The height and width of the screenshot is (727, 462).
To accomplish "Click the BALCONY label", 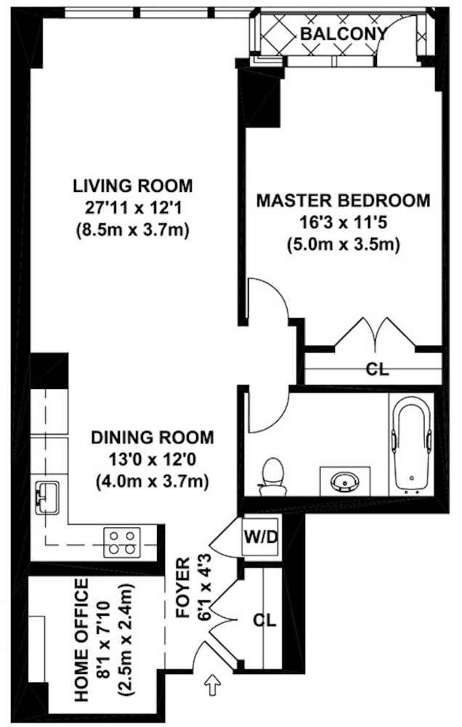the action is (x=344, y=33).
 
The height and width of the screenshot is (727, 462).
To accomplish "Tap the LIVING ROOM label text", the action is (x=132, y=185).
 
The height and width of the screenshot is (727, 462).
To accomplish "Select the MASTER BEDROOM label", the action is (x=344, y=201).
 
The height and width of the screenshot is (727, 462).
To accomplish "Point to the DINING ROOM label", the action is (x=153, y=437).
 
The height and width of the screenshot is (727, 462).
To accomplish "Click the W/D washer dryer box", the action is (x=261, y=537).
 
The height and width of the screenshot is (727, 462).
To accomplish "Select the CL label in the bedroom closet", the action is (x=377, y=369).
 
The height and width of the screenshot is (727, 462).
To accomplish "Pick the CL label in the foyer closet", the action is (x=264, y=620).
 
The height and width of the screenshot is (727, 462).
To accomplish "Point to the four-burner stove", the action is (x=122, y=542).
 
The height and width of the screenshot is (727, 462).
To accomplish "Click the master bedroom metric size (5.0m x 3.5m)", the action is (x=344, y=244).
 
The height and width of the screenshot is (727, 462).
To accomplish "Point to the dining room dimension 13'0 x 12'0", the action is (x=153, y=459).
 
